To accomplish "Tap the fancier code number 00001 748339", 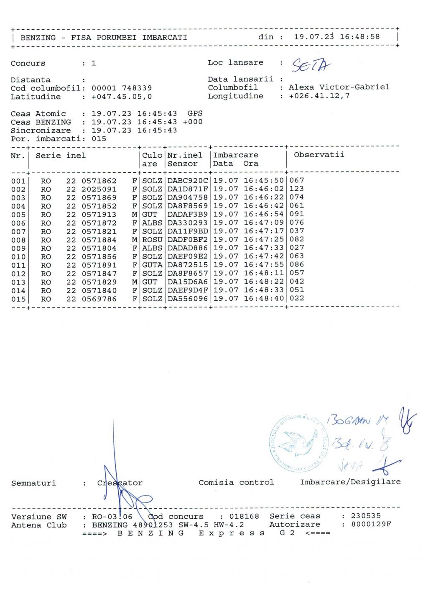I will click(122, 88).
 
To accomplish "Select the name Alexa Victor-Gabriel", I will click(339, 87).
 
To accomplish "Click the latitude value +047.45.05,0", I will click(122, 97).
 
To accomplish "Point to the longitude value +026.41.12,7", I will click(319, 96).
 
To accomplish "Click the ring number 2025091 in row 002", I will click(99, 189).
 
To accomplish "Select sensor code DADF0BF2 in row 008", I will click(188, 240).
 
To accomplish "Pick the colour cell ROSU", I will click(152, 240).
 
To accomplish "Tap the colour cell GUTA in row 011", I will click(152, 265).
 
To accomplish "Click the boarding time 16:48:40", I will click(264, 298).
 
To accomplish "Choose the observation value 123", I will click(297, 189).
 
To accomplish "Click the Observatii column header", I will click(319, 155).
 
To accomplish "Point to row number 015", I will click(18, 299).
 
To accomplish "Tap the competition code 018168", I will click(245, 517).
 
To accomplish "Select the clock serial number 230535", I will click(366, 516).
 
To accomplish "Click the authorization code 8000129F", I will click(371, 524).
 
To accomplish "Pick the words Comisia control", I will click(236, 482).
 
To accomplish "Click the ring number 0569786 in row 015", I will click(99, 299).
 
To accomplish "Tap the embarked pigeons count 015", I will click(99, 138).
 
